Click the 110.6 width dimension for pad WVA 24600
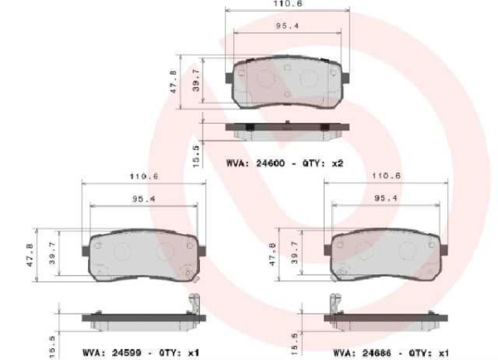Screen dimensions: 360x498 click(x=287, y=4)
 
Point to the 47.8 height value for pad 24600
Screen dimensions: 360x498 click(x=174, y=83)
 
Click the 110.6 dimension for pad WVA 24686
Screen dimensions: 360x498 click(x=386, y=176)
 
